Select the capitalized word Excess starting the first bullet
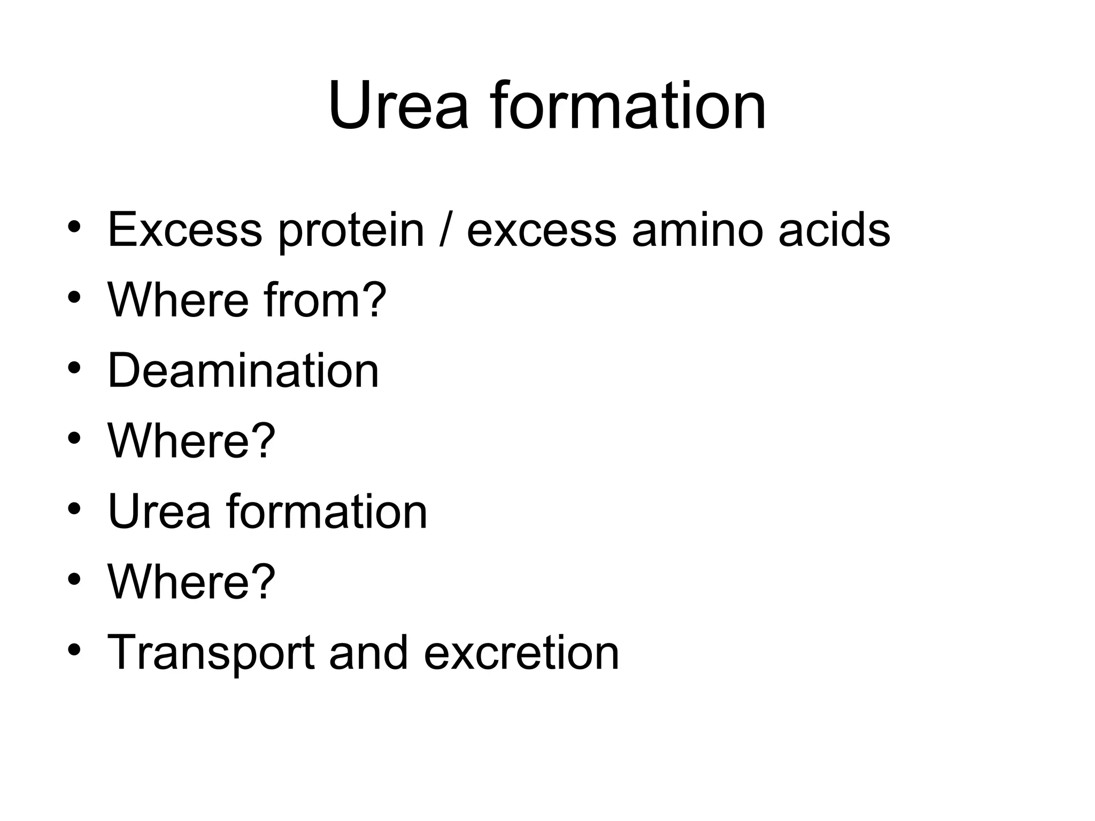185,230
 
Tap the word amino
697,230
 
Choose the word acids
834,230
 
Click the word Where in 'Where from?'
178,300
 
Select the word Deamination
243,370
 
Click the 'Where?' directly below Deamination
191,440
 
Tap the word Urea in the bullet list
159,511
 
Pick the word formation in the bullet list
327,511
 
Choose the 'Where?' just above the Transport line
191,582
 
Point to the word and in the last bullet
368,653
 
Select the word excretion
521,653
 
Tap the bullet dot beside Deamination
74,369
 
